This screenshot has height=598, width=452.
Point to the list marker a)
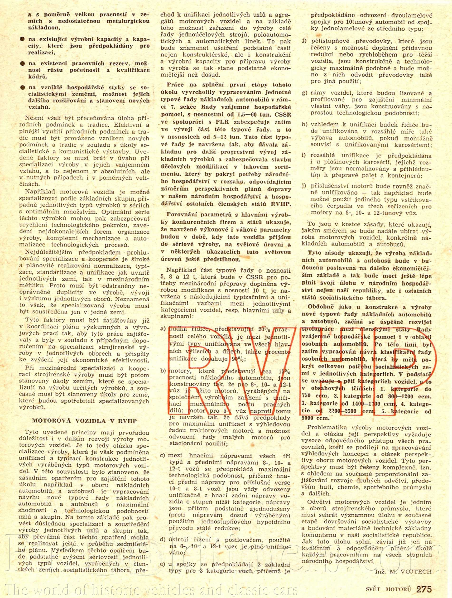pos(163,329)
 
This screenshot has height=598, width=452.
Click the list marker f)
pos(304,41)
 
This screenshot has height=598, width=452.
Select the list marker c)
pos(163,455)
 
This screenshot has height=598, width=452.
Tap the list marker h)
pos(305,125)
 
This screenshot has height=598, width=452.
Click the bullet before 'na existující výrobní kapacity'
pos(23,39)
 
